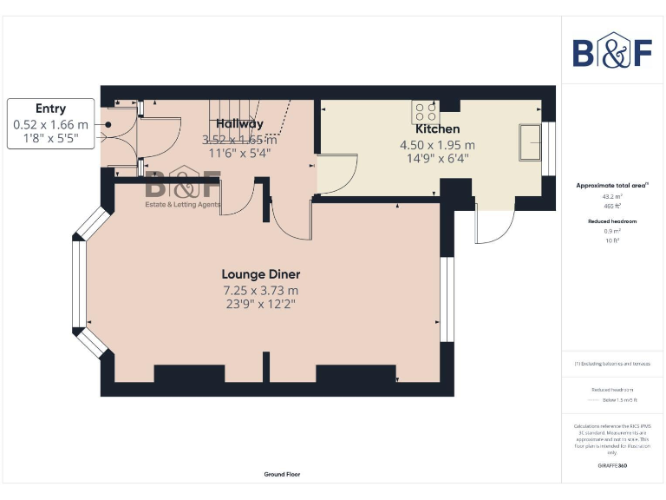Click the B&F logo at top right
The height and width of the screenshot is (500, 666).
[x=612, y=51]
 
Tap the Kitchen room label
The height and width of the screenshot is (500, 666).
[x=437, y=129]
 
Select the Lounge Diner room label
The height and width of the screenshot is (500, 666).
[x=260, y=273]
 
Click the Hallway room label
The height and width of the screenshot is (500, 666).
[x=239, y=123]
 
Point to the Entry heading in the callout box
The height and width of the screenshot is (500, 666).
[x=50, y=109]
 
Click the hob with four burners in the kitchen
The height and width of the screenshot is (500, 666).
[x=425, y=112]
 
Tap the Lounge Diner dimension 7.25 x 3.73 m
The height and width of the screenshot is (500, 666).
[x=260, y=289]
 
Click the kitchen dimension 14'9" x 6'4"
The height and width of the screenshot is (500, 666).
[x=437, y=160]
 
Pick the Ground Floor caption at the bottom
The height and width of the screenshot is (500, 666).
[x=282, y=475]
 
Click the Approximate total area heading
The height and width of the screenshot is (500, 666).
[x=611, y=186]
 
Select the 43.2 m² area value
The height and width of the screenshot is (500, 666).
[x=612, y=196]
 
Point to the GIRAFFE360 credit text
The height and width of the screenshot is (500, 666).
[x=612, y=466]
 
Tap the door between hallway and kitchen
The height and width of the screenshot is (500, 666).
[x=336, y=174]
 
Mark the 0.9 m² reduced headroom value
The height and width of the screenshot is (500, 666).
[x=612, y=231]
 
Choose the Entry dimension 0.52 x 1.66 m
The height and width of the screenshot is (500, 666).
[x=50, y=124]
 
